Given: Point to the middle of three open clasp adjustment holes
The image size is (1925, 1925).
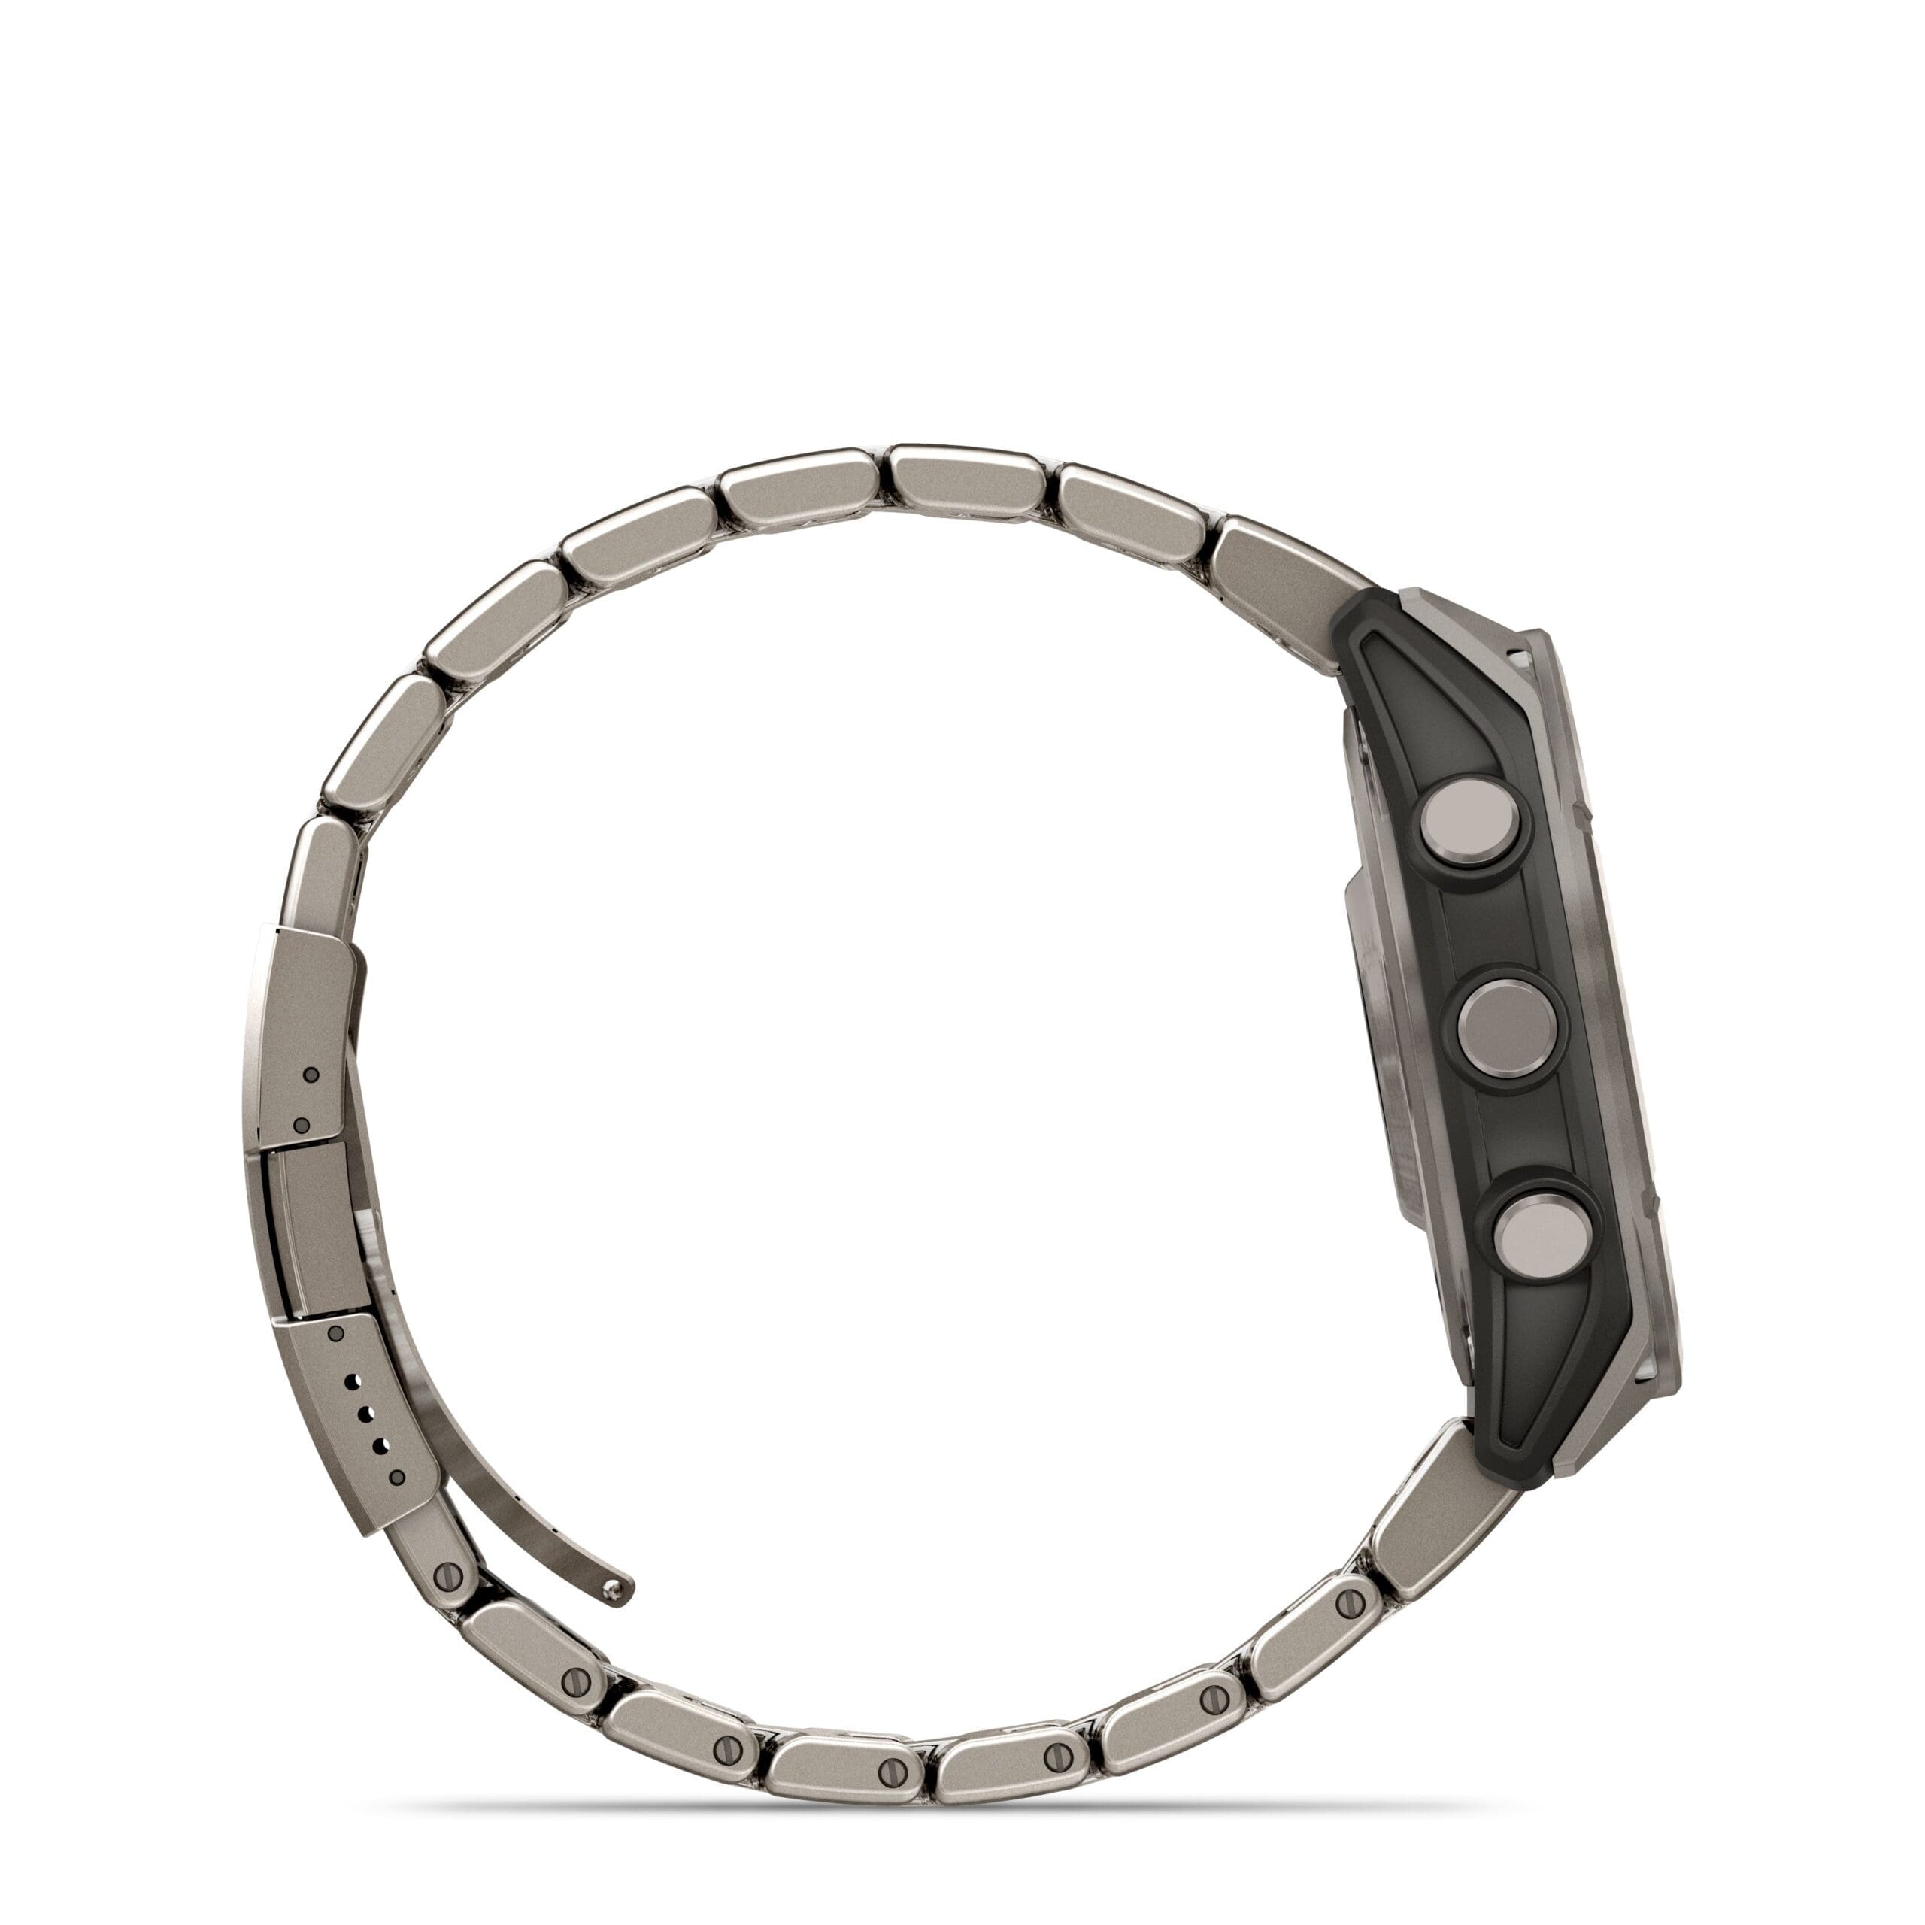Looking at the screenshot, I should tap(365, 1412).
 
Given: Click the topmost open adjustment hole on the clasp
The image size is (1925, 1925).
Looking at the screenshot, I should tap(350, 1380).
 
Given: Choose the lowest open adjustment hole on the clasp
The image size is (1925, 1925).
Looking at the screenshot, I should tap(380, 1444).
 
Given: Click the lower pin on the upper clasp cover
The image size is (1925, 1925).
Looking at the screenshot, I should tap(301, 1125).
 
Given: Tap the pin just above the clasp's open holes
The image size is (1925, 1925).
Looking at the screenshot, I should tap(336, 1333).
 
